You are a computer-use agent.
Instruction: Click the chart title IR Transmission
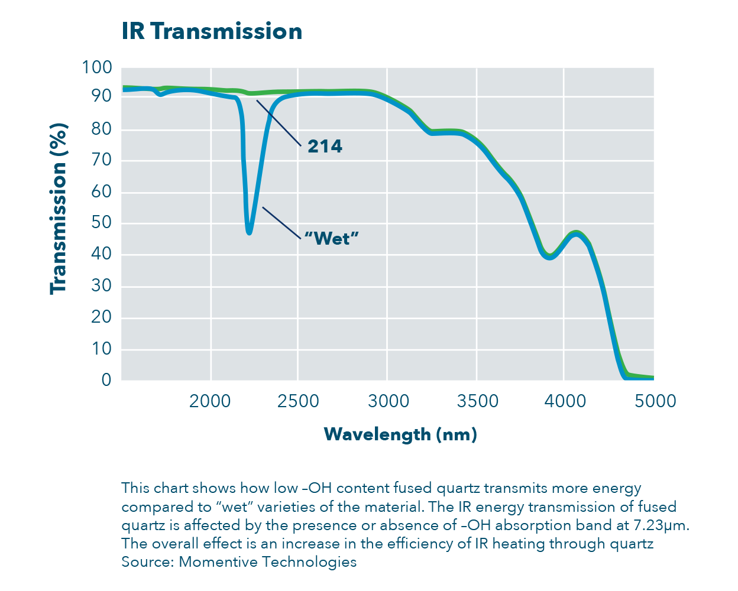[x=212, y=31]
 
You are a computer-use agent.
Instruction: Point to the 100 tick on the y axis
[x=97, y=67]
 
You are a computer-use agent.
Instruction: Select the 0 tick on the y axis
[x=106, y=379]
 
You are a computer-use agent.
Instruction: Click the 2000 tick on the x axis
[x=210, y=401]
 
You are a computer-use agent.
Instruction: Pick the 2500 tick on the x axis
[x=298, y=401]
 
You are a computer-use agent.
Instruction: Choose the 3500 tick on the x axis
[x=477, y=401]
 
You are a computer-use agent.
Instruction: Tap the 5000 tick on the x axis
[x=655, y=401]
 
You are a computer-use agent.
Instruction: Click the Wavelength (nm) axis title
[x=400, y=434]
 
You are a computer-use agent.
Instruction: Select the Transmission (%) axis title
[x=58, y=209]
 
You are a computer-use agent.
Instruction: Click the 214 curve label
[x=325, y=147]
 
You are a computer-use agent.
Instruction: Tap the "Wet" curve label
[x=331, y=238]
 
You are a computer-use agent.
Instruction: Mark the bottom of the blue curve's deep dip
[x=249, y=232]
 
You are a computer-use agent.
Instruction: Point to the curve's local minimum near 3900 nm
[x=549, y=257]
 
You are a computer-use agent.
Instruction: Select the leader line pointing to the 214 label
[x=279, y=122]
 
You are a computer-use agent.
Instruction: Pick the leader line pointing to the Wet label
[x=281, y=222]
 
